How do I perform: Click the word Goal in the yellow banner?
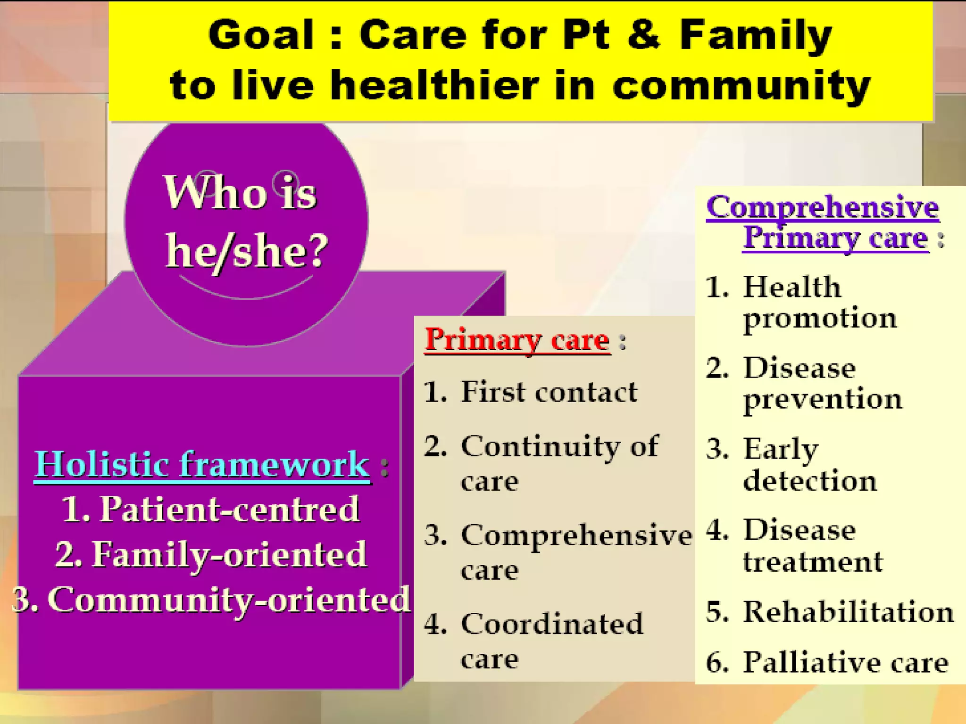(x=261, y=36)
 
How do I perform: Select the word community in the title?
(x=741, y=87)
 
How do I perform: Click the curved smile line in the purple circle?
(x=245, y=295)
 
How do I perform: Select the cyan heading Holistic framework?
(x=202, y=465)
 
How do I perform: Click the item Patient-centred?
(x=211, y=510)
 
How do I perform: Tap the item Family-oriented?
(x=211, y=554)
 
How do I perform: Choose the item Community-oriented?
(x=211, y=600)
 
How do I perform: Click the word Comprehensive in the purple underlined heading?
(x=823, y=207)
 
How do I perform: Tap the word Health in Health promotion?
(x=792, y=287)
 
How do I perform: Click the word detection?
(x=810, y=481)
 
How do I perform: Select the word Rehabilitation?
(x=848, y=612)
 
